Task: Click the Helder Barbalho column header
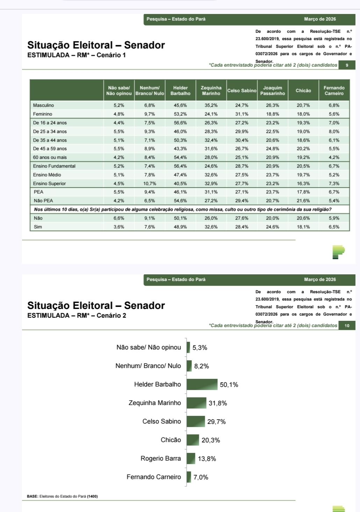(180, 91)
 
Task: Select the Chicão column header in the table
(303, 91)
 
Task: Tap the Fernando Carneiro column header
(334, 91)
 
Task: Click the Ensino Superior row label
(49, 183)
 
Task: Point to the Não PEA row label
(43, 201)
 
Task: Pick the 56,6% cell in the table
(180, 123)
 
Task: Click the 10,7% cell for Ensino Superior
(150, 183)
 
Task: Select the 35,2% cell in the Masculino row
(211, 105)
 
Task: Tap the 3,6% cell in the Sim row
(119, 227)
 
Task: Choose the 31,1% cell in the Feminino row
(242, 114)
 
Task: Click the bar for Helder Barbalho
(202, 384)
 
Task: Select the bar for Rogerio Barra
(191, 459)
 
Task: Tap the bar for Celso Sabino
(195, 421)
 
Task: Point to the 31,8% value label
(218, 403)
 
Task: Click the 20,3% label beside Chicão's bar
(211, 440)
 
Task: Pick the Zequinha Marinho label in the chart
(154, 403)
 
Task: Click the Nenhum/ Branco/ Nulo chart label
(148, 366)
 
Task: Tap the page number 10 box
(347, 326)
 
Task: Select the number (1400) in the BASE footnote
(92, 496)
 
